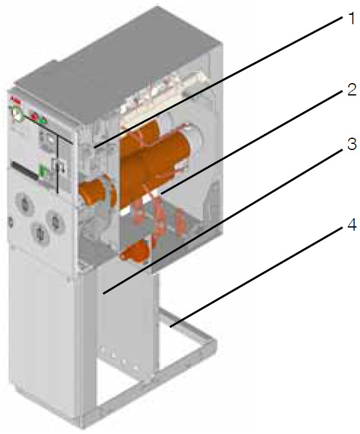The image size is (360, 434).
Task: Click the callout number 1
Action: pos(352,19)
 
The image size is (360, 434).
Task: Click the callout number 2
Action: pos(352,90)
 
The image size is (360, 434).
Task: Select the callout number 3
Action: pos(352,144)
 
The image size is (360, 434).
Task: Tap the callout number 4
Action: pos(352,226)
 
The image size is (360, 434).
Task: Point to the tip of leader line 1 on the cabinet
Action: pos(94,147)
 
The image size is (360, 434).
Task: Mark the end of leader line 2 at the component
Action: pos(161,193)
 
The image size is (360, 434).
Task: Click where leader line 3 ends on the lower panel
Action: pos(103,293)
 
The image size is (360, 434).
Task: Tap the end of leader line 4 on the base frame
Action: pos(170,327)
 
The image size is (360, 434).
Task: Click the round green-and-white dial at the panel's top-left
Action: pos(16,115)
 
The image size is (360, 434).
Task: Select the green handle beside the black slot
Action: pos(43,172)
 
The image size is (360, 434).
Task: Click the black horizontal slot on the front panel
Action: pos(24,171)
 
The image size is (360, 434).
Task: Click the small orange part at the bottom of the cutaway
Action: pos(135,251)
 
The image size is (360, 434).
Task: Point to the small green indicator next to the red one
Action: pos(42,120)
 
